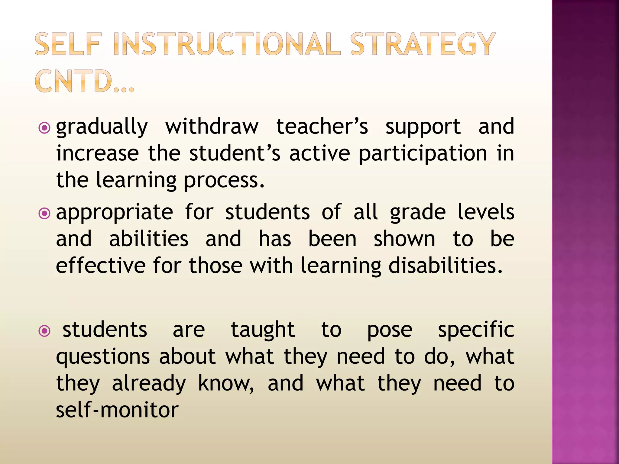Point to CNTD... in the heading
pyautogui.click(x=85, y=81)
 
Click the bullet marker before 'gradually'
pyautogui.click(x=44, y=128)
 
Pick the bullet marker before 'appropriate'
pyautogui.click(x=44, y=214)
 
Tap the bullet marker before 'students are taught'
pyautogui.click(x=44, y=331)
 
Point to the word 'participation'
pyautogui.click(x=423, y=153)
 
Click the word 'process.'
pyautogui.click(x=224, y=180)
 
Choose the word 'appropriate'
pyautogui.click(x=115, y=213)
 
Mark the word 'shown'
pyautogui.click(x=404, y=239)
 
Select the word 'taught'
pyautogui.click(x=263, y=330)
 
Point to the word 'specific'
pyautogui.click(x=476, y=330)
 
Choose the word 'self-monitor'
pyautogui.click(x=117, y=410)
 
